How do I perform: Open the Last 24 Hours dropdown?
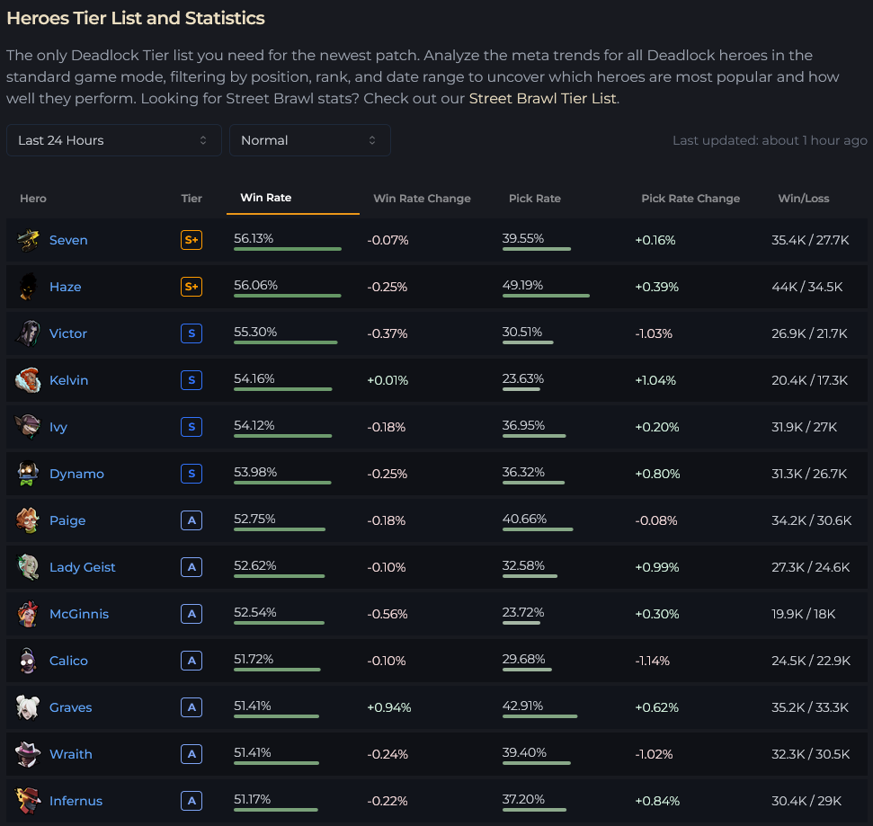(x=113, y=140)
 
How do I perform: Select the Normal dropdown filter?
(x=309, y=140)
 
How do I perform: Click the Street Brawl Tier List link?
(x=542, y=98)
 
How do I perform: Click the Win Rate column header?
(x=266, y=198)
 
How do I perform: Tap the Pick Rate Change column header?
(x=690, y=199)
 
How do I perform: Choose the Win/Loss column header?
(x=804, y=199)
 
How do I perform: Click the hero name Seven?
(x=68, y=240)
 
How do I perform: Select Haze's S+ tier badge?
(x=191, y=287)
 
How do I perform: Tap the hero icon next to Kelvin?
(x=28, y=380)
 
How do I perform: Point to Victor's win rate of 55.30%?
(x=255, y=332)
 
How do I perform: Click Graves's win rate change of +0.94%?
(x=388, y=707)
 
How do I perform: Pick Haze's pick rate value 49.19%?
(x=523, y=285)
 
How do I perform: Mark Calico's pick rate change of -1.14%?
(x=653, y=661)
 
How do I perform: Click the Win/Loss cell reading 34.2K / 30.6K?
(x=811, y=520)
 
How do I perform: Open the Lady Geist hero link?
(x=82, y=567)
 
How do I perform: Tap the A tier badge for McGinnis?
(x=191, y=614)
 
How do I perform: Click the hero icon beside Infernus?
(x=28, y=801)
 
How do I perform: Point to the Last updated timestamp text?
(x=770, y=140)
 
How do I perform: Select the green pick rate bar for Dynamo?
(x=533, y=483)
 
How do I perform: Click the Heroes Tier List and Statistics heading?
(x=136, y=18)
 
